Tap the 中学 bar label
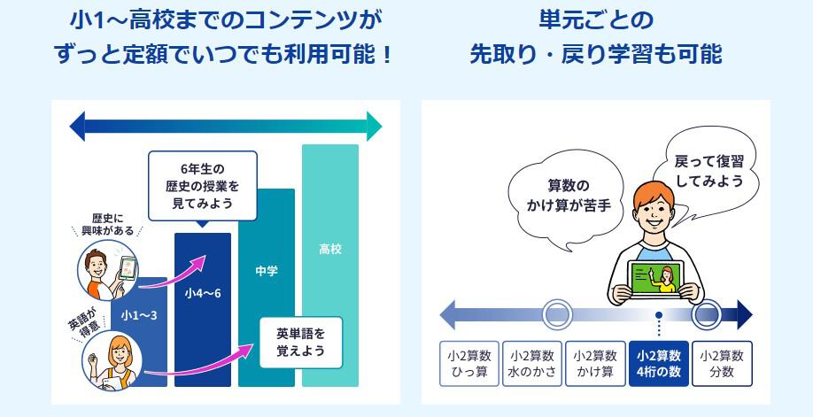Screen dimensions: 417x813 tap(266, 271)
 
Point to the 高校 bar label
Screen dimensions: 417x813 tap(330, 250)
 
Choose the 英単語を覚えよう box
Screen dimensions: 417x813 tap(300, 343)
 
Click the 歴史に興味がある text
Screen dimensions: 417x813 tap(106, 225)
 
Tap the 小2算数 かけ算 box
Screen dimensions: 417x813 tap(595, 363)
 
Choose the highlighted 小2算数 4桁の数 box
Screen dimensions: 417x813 tap(659, 363)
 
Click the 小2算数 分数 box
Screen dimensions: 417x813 tap(722, 363)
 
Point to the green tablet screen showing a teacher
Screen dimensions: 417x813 tap(659, 282)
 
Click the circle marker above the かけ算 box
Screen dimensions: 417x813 tap(556, 314)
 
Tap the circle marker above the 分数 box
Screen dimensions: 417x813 tap(707, 314)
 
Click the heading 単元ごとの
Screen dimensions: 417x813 tap(595, 19)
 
